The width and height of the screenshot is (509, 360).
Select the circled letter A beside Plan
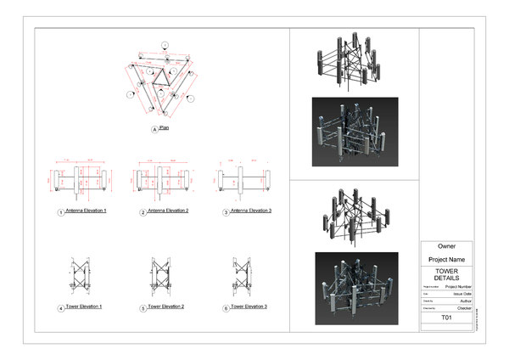(x=154, y=129)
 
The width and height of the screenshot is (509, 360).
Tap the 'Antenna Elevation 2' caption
(x=168, y=211)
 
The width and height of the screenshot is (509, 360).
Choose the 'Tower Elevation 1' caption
(x=82, y=307)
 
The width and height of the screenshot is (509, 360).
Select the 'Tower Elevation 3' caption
(x=249, y=307)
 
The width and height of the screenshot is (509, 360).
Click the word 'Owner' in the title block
(x=446, y=246)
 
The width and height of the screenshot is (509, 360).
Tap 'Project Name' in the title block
(x=446, y=259)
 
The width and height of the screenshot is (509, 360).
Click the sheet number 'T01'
(x=446, y=318)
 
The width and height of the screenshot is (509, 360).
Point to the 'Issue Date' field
(x=461, y=294)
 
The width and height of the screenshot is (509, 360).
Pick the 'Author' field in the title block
(x=464, y=301)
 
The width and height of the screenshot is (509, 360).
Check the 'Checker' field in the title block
(x=463, y=309)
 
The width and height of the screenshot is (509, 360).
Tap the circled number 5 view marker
(x=143, y=308)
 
